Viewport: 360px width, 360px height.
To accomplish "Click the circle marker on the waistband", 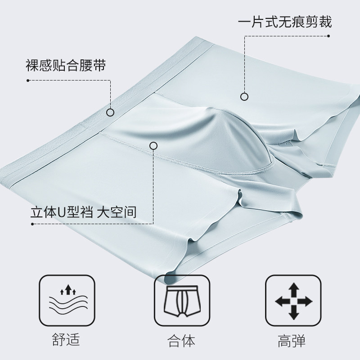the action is [110, 112].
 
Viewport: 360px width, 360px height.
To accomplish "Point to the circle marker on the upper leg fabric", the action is [244, 96].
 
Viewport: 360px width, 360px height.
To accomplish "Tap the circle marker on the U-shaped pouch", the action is [153, 145].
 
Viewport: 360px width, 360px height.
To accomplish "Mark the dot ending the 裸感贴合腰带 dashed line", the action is [28, 81].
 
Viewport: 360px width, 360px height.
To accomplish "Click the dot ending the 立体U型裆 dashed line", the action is [28, 224].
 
